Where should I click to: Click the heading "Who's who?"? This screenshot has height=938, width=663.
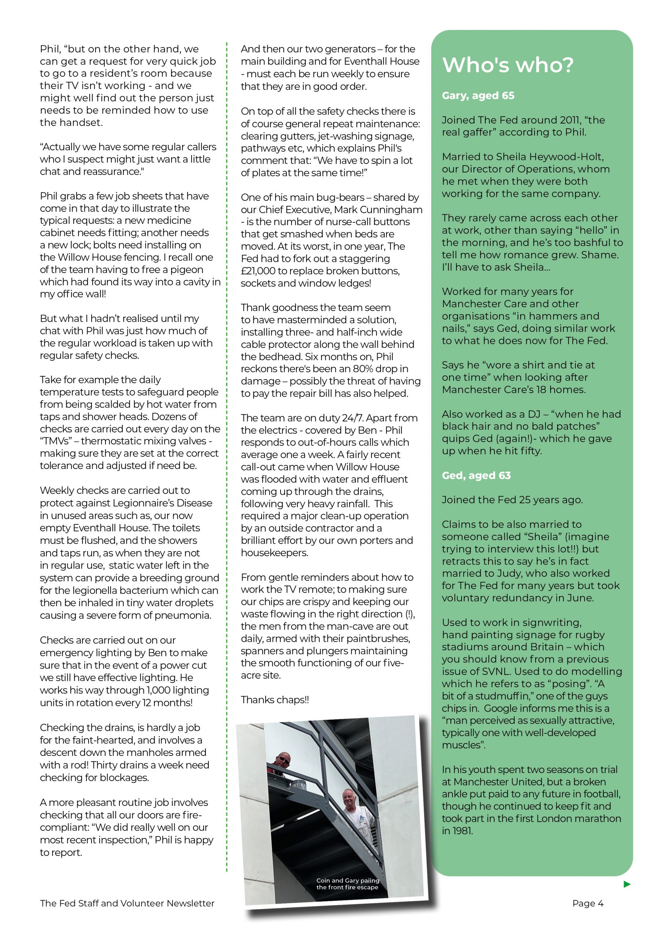(508, 65)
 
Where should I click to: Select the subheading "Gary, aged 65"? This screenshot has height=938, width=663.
(478, 96)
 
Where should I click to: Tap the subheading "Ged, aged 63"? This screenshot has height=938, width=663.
(476, 476)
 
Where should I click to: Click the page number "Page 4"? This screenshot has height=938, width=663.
(588, 903)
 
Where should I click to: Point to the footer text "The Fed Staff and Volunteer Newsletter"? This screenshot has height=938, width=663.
(127, 903)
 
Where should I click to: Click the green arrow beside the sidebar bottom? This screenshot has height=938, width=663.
(627, 885)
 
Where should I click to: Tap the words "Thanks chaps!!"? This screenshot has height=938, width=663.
(274, 700)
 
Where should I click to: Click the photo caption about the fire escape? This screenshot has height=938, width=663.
(347, 884)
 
